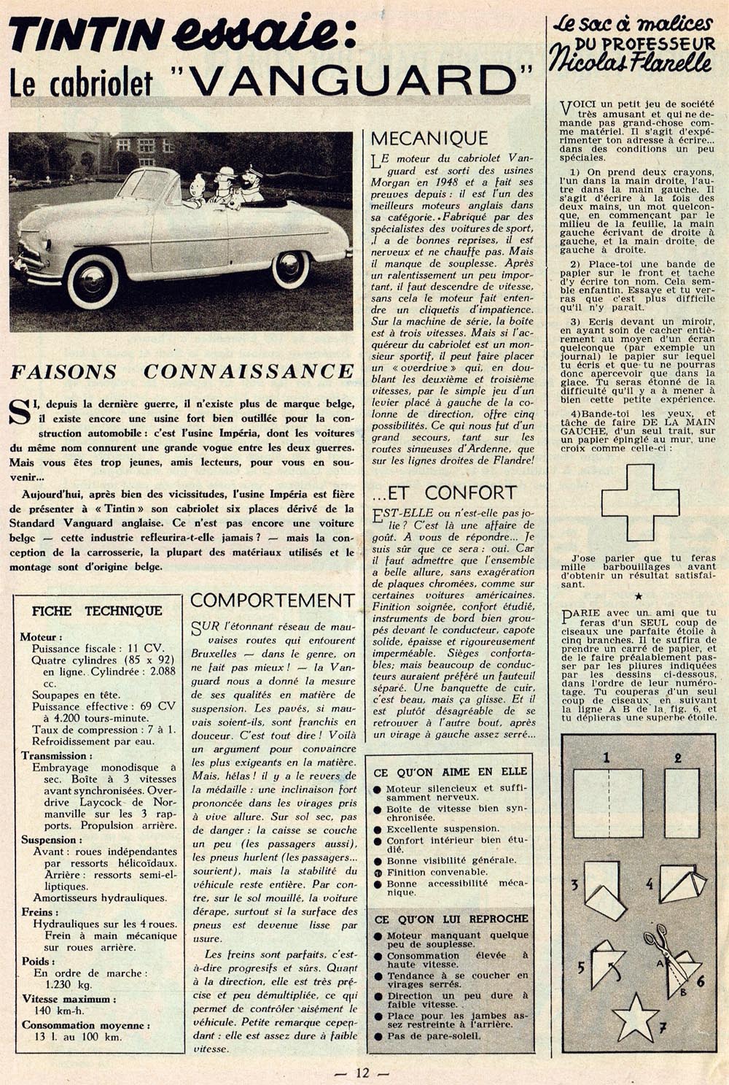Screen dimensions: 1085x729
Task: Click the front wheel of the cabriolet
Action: [x=93, y=280]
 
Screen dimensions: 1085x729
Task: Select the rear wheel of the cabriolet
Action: [x=290, y=269]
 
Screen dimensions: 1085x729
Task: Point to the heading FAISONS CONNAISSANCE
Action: [x=182, y=371]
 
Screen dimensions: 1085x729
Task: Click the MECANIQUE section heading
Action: [x=429, y=138]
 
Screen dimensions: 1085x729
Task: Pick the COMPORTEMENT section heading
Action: [x=273, y=601]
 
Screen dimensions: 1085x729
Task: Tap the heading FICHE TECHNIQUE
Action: [x=97, y=611]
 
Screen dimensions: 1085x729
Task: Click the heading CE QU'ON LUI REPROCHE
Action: [x=451, y=919]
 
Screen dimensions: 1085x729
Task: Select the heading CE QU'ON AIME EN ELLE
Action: [x=450, y=771]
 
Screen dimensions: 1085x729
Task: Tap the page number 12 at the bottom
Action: [x=362, y=1072]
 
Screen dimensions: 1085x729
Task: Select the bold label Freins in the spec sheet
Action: [x=36, y=912]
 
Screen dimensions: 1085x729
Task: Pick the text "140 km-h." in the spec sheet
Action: [x=59, y=1011]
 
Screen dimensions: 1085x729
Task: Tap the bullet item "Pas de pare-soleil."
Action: [x=434, y=1035]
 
